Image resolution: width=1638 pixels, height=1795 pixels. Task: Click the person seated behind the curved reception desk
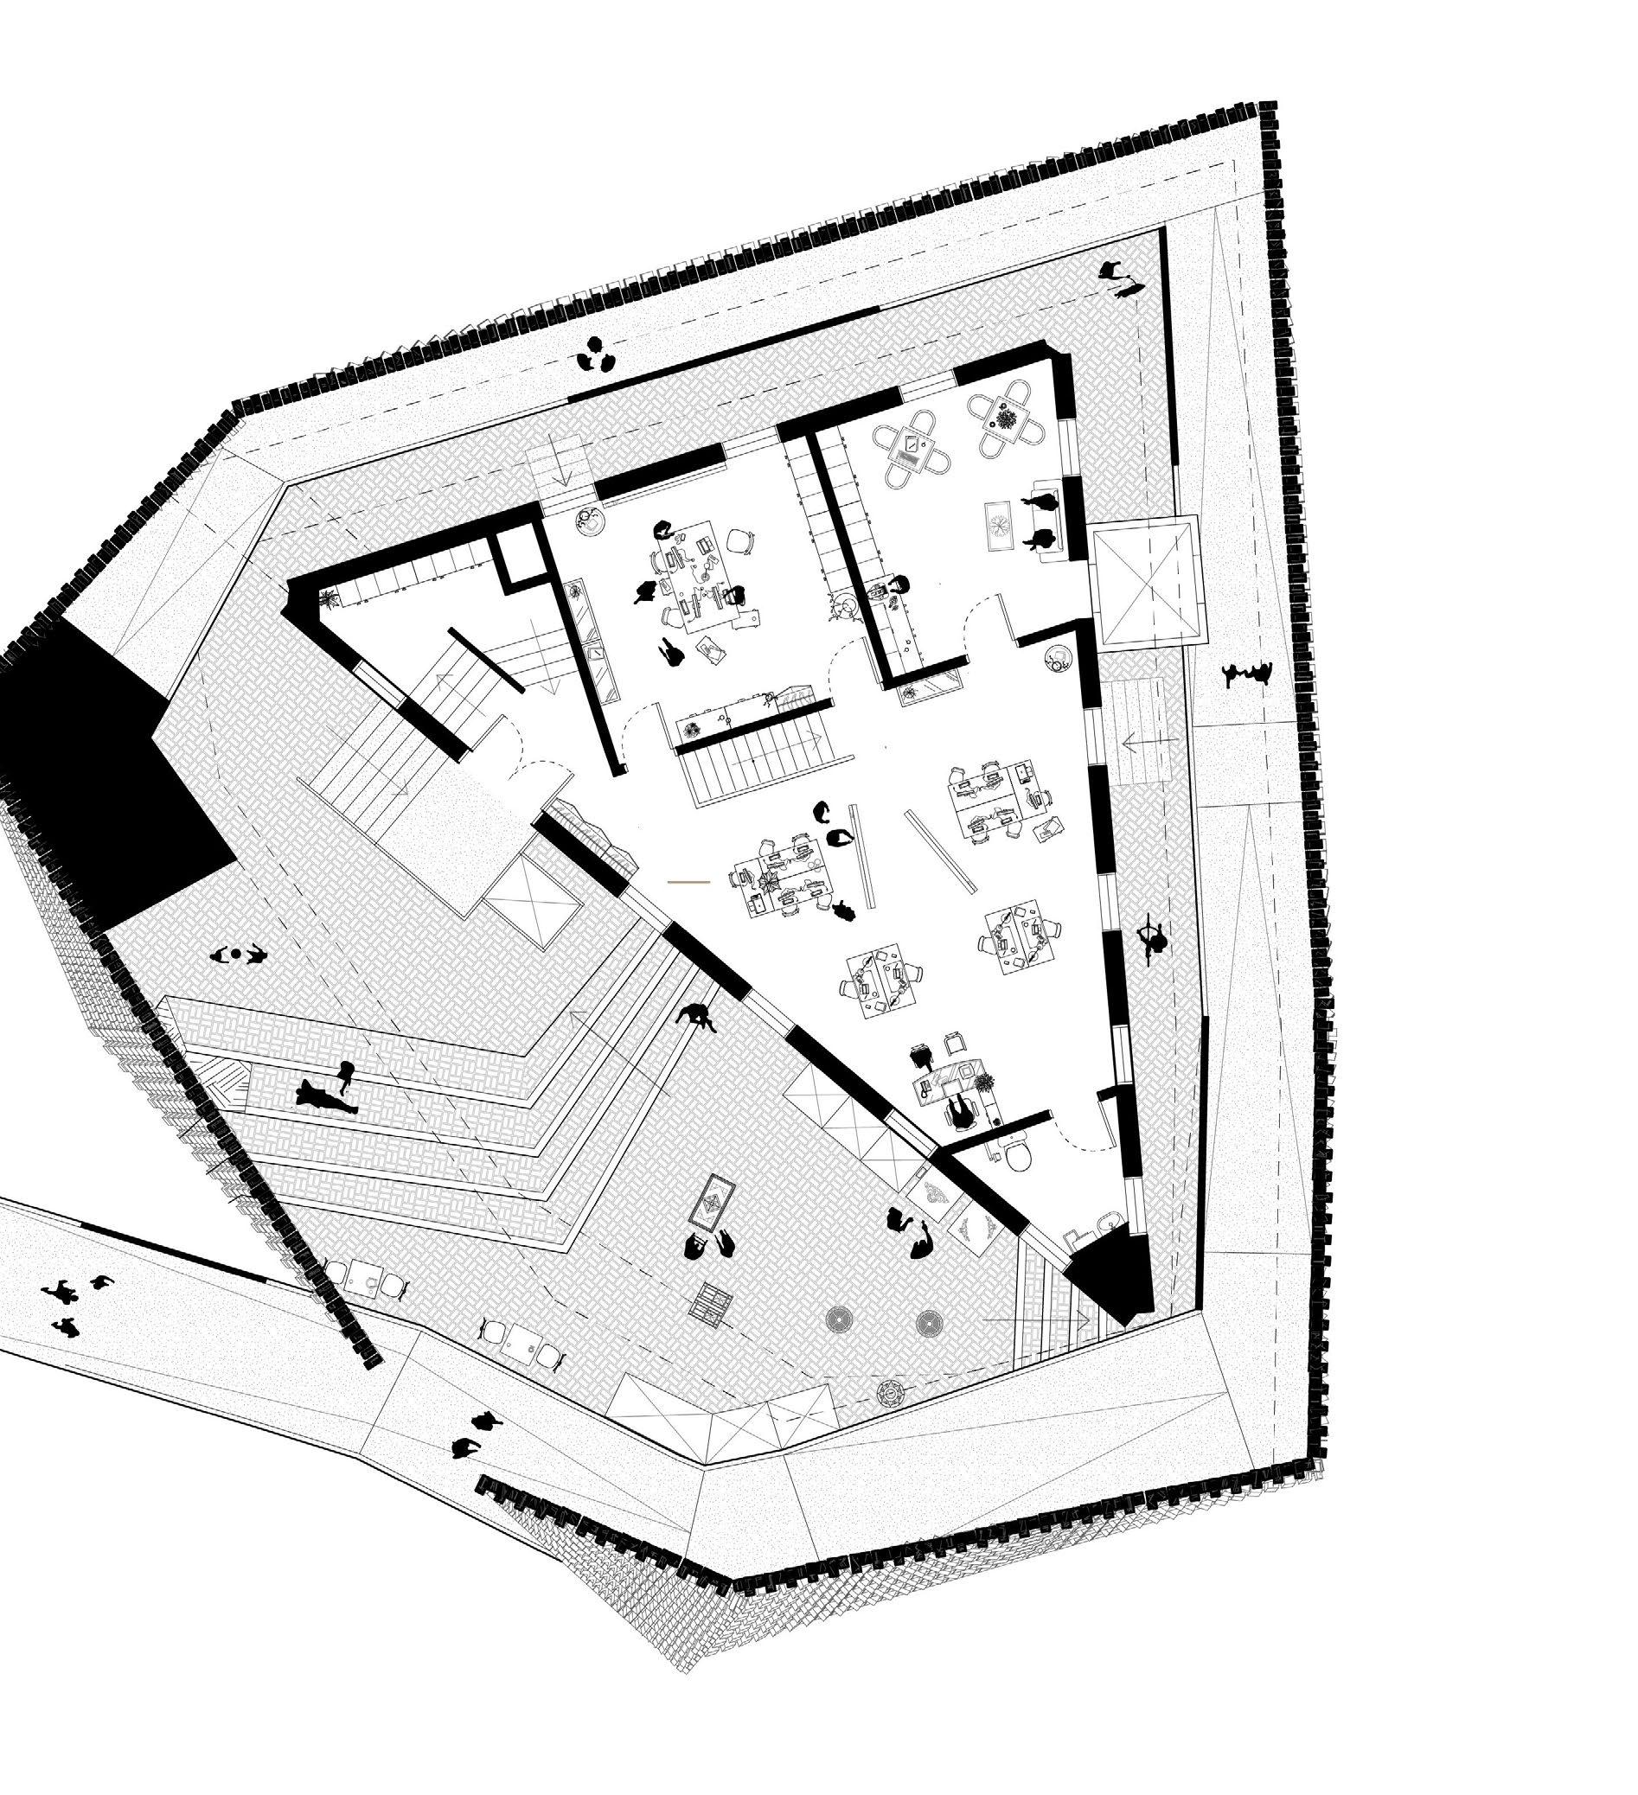959,1112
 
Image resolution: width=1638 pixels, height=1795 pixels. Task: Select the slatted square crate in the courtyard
714,1303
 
